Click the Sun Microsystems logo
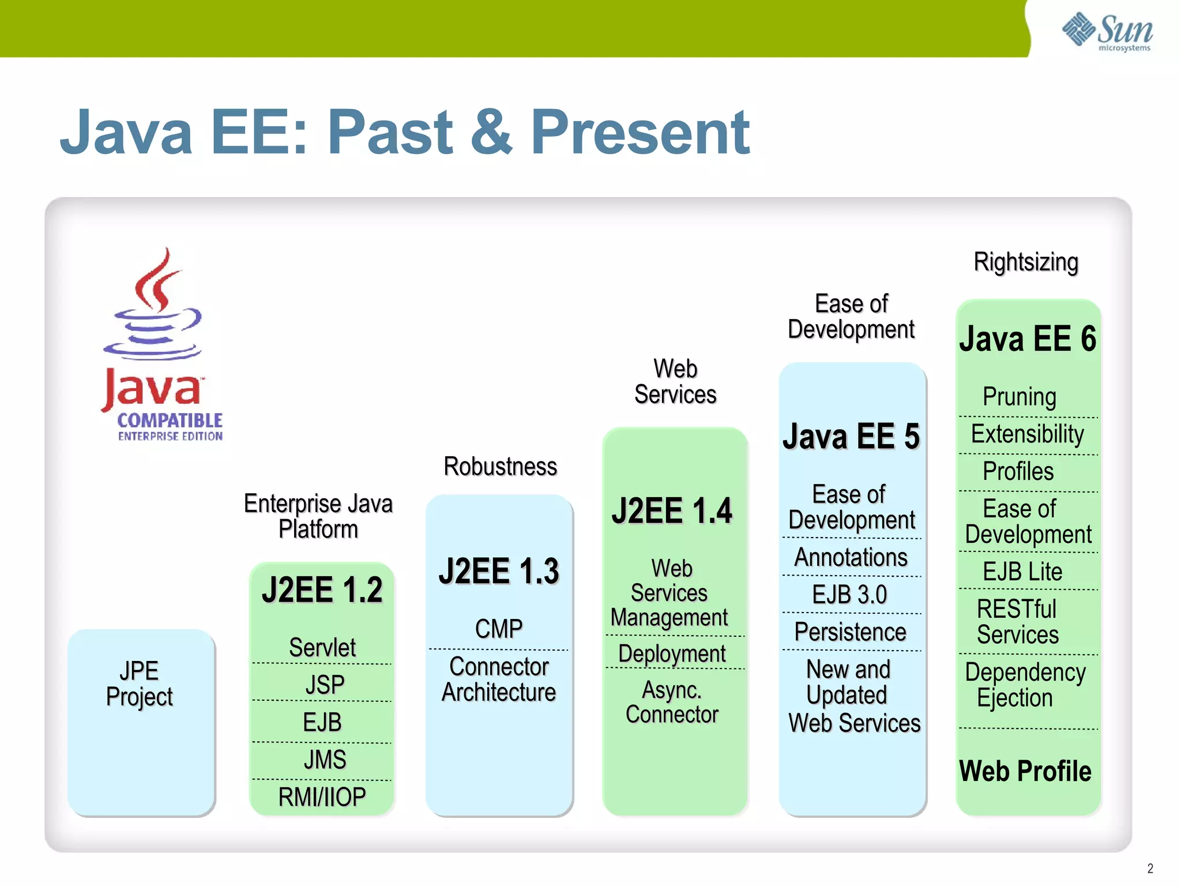coord(1107,31)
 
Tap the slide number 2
coord(1150,868)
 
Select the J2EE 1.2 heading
coord(322,590)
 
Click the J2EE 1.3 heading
coord(499,571)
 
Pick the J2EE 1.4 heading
coord(672,510)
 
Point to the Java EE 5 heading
coord(851,436)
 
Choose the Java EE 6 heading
coord(1028,339)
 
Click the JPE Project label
coord(140,684)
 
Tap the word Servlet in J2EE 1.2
coord(322,647)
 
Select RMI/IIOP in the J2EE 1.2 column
coord(322,797)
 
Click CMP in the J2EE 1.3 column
coord(499,629)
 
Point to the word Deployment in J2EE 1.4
coord(672,654)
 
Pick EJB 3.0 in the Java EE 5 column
coord(849,595)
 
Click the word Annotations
coord(851,557)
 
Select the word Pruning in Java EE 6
coord(1020,397)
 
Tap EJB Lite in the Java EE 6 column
coord(1022,572)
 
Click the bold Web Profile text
coord(1025,771)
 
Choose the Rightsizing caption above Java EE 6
coord(1026,262)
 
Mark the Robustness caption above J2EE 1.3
coord(500,467)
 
